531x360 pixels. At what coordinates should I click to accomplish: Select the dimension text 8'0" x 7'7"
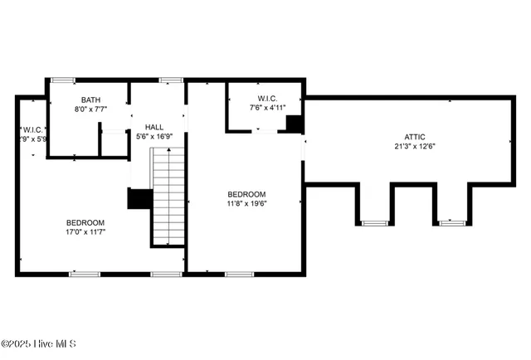[x=90, y=109]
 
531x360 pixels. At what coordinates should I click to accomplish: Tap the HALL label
[x=154, y=127]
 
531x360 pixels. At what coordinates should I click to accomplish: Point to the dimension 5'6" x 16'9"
[x=154, y=136]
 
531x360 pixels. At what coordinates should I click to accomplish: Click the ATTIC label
[x=416, y=137]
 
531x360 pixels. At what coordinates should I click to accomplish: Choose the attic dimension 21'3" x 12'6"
[x=416, y=147]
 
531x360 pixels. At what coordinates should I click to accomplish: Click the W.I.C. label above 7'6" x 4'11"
[x=267, y=98]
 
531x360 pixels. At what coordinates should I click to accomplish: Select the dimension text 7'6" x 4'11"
[x=267, y=107]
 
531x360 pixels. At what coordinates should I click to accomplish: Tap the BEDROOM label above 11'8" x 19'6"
[x=247, y=193]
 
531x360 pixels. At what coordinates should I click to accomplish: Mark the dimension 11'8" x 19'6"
[x=247, y=202]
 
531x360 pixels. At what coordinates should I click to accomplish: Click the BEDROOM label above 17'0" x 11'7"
[x=85, y=222]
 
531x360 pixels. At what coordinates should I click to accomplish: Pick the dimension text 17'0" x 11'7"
[x=85, y=231]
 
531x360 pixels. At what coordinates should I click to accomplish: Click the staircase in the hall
[x=168, y=195]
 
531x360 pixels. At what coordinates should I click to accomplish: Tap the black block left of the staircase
[x=139, y=199]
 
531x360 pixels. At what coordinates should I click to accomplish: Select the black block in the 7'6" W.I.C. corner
[x=293, y=124]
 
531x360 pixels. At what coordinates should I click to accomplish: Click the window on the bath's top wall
[x=63, y=80]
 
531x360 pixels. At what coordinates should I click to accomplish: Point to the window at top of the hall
[x=171, y=80]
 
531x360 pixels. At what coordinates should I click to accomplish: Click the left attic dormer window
[x=374, y=222]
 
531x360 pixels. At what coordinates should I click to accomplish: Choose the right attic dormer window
[x=451, y=222]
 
